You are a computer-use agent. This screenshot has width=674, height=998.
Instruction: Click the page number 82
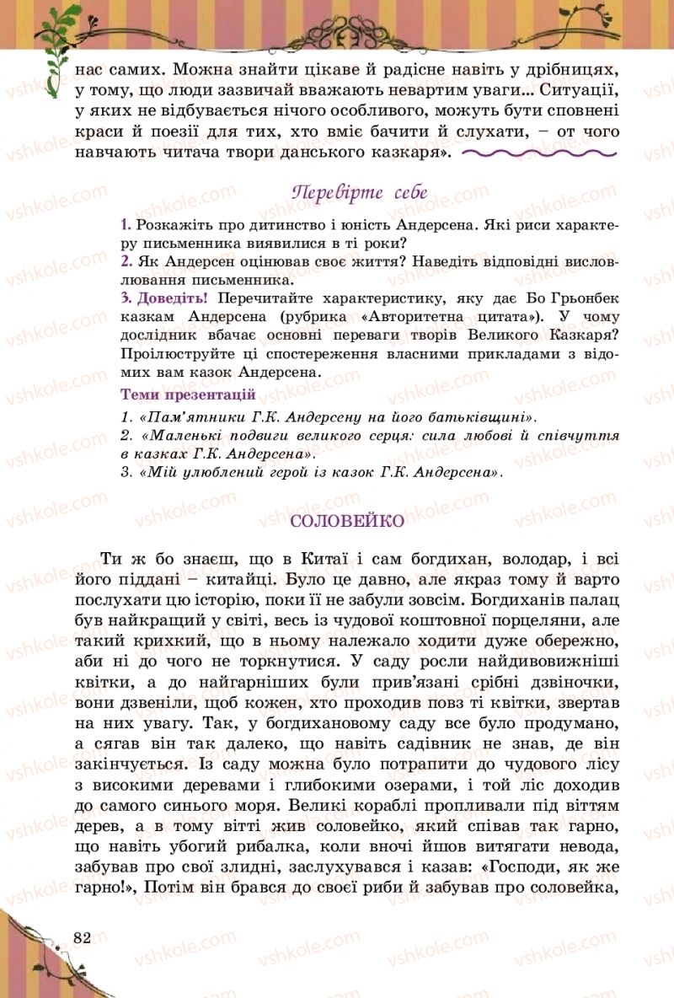[82, 938]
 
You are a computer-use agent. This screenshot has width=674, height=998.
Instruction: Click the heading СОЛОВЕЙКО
[347, 521]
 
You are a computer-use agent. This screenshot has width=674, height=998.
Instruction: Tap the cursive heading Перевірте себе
[359, 192]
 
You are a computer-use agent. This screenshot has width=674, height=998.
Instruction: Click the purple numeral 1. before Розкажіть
[126, 225]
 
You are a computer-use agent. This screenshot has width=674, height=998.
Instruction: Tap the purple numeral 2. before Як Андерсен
[126, 262]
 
